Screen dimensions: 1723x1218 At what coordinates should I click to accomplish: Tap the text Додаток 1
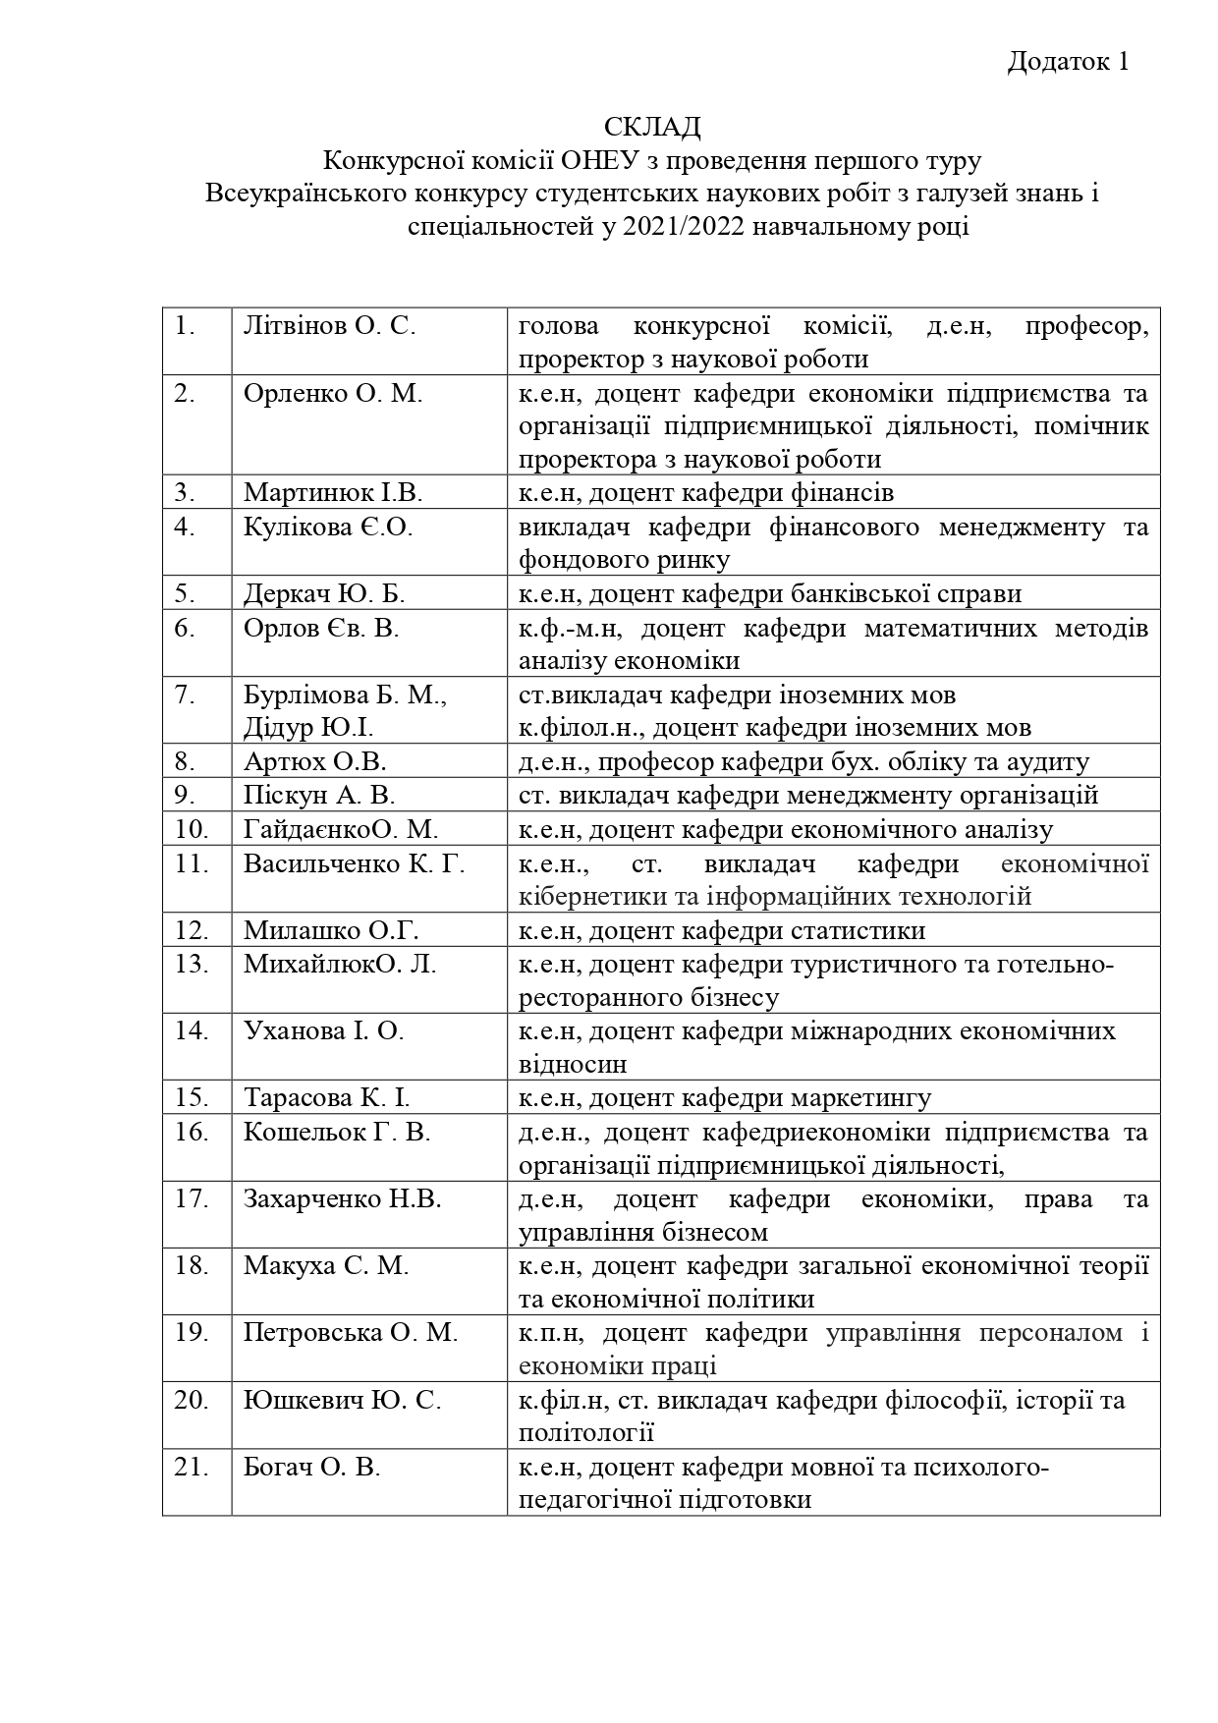(1069, 62)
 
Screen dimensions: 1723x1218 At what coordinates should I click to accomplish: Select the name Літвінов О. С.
(330, 326)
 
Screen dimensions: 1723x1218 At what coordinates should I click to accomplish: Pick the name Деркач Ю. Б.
(324, 593)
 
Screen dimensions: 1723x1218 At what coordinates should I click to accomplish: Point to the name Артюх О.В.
(315, 761)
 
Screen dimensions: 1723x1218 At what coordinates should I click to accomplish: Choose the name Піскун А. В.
(319, 795)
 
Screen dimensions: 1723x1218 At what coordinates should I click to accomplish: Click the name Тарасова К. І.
(327, 1097)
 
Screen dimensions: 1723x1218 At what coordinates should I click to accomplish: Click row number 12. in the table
(193, 930)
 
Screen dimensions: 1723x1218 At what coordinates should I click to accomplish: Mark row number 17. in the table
(193, 1198)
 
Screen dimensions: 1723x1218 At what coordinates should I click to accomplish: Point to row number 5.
(186, 593)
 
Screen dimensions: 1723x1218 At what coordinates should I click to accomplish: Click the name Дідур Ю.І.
(308, 727)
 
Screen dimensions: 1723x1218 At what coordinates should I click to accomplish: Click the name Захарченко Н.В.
(343, 1198)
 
